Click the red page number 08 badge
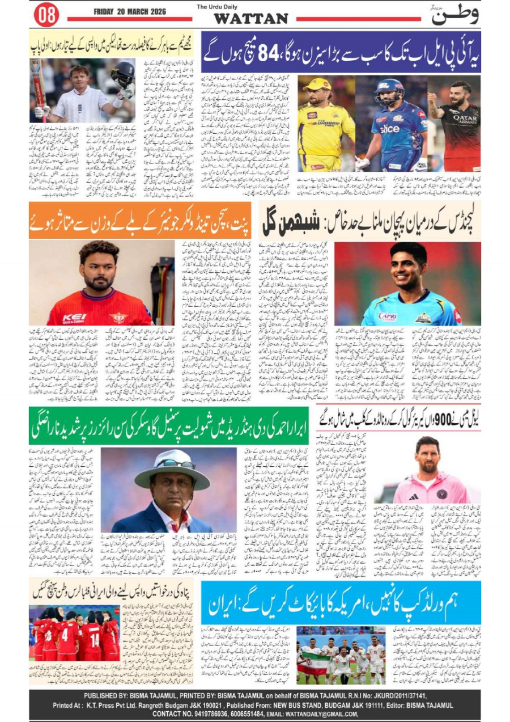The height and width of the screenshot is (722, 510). (47, 15)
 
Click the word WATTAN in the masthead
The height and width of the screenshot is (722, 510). (250, 18)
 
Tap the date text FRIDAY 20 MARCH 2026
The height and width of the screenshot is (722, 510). (125, 11)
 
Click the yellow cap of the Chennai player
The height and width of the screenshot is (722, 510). (317, 85)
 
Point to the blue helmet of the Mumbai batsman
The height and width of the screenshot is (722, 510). (389, 89)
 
